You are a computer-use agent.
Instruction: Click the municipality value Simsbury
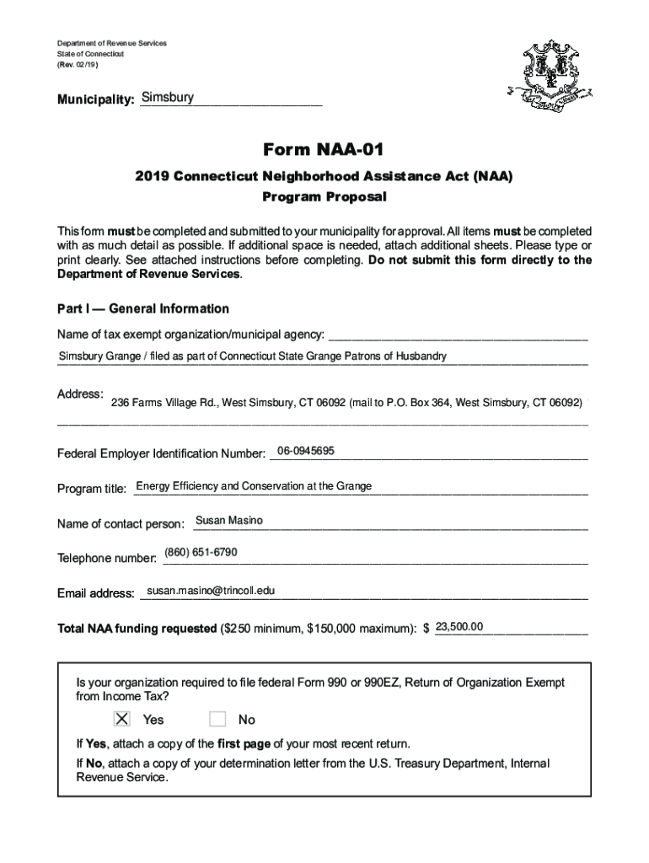pos(168,98)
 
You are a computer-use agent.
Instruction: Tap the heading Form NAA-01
pos(324,150)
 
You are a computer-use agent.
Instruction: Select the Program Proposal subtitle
pos(324,197)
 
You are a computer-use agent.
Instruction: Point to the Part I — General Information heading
pos(142,308)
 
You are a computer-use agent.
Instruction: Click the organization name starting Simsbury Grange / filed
pos(252,356)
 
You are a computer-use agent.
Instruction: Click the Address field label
pos(80,394)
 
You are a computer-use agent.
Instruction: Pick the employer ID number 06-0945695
pos(305,451)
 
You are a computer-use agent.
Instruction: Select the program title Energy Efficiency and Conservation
pos(254,486)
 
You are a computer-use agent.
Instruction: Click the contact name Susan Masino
pos(228,521)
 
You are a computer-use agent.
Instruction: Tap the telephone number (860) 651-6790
pos(201,552)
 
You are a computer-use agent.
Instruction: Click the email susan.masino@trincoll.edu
pos(211,591)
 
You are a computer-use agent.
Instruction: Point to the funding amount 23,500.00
pos(459,626)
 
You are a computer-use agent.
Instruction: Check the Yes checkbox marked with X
pos(122,719)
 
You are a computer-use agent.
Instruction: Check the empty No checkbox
pos(217,719)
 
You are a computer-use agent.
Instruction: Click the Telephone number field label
pos(106,559)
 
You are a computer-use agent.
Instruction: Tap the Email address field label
pos(95,593)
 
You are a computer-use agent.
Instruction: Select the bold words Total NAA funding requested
pos(136,629)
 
